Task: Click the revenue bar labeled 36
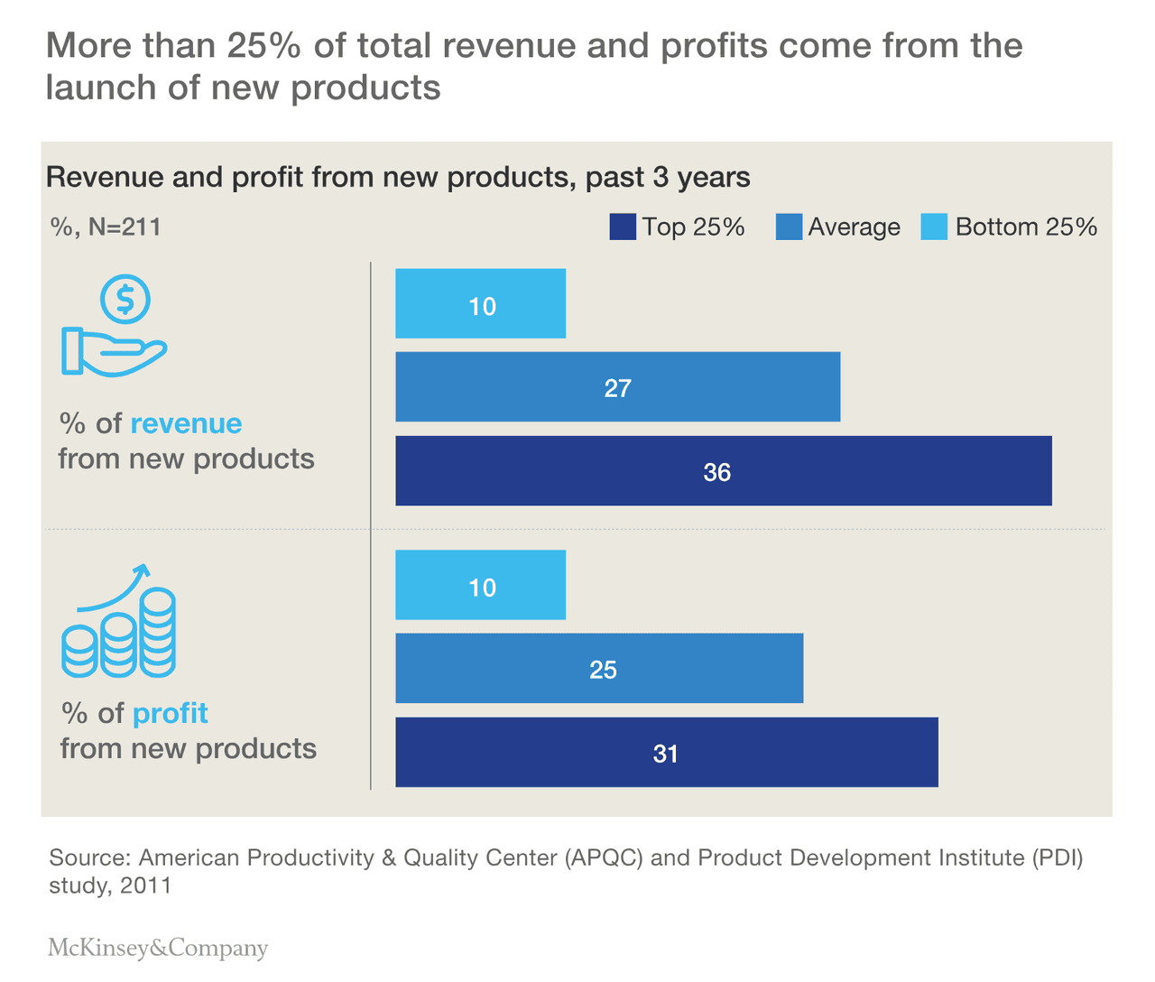click(723, 471)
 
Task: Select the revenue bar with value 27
click(617, 387)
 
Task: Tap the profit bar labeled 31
click(666, 753)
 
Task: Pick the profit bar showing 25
click(599, 669)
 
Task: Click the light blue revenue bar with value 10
click(480, 304)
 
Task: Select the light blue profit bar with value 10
click(480, 585)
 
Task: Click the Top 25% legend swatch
click(623, 227)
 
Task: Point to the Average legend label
click(854, 227)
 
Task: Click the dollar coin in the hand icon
click(125, 299)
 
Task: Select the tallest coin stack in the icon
click(159, 632)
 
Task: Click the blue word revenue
click(186, 423)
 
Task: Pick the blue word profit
click(171, 713)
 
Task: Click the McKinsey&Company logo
click(158, 948)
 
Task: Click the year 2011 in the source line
click(145, 885)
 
